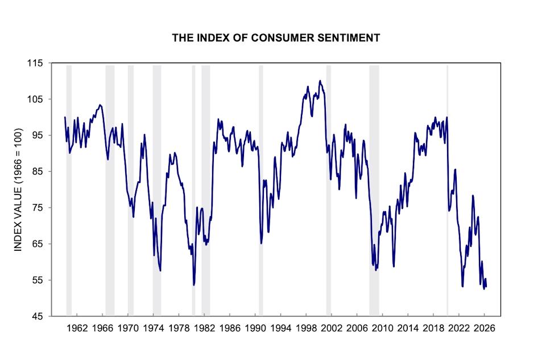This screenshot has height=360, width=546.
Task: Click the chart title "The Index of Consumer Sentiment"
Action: click(x=276, y=38)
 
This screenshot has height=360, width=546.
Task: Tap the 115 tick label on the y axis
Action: click(x=36, y=63)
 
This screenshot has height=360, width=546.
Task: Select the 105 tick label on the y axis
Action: click(x=36, y=100)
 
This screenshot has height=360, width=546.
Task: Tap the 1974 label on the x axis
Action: click(x=154, y=328)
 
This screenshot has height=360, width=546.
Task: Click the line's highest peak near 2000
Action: click(x=320, y=81)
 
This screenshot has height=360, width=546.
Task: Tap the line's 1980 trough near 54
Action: click(x=194, y=285)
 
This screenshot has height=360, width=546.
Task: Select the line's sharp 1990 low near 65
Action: click(x=261, y=243)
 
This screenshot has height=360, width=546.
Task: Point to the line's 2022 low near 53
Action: click(x=462, y=286)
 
